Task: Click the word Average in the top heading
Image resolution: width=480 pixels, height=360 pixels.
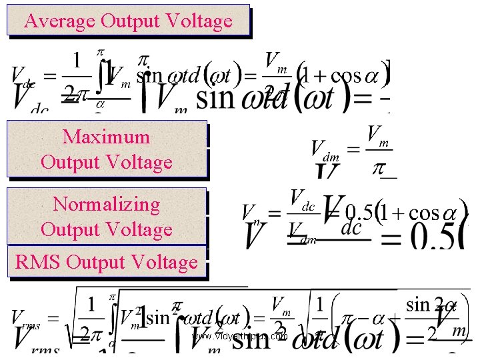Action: click(60, 21)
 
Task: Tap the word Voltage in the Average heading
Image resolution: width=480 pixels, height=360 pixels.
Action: click(200, 21)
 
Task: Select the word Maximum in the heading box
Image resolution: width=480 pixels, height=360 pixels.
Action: click(106, 137)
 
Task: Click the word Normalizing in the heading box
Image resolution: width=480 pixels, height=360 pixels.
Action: click(106, 204)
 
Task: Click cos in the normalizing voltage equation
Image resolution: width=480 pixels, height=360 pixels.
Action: click(423, 213)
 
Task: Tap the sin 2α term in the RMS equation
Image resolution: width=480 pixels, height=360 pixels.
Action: click(431, 305)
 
